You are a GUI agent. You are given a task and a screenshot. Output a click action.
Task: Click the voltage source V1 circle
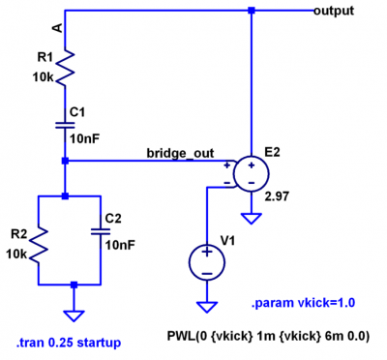207,260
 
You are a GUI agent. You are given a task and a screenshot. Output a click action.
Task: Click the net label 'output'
334,11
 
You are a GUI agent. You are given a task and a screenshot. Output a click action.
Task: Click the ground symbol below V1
207,307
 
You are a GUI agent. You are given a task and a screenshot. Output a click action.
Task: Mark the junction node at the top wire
251,11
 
